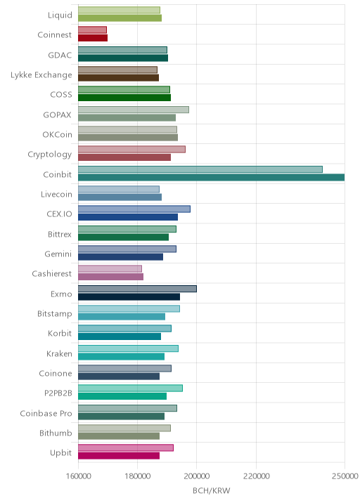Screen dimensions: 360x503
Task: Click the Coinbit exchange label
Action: [x=58, y=174]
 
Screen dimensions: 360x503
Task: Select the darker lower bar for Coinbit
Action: [x=212, y=178]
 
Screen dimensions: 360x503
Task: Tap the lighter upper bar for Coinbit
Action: [x=200, y=169]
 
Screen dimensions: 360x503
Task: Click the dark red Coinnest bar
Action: [x=93, y=38]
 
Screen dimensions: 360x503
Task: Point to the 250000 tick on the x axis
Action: [x=345, y=476]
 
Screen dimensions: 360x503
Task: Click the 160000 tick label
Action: [x=78, y=476]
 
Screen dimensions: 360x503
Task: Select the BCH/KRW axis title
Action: [x=212, y=490]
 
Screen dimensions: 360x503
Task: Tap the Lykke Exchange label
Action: [x=41, y=75]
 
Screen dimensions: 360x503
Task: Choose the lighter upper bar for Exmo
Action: [x=137, y=289]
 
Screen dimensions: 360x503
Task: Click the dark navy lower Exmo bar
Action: [x=129, y=296]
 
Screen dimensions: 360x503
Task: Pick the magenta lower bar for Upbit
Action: [x=119, y=455]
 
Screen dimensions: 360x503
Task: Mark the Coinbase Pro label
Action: [x=46, y=413]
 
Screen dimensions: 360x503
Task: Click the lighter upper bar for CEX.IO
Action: [x=134, y=209]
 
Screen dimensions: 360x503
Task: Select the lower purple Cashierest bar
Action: [x=110, y=277]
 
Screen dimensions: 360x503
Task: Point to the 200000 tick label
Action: [x=197, y=476]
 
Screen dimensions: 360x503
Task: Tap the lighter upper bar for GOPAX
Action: [x=134, y=110]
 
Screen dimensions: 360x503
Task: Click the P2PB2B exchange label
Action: [x=58, y=393]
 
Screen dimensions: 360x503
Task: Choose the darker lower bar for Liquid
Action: [x=120, y=18]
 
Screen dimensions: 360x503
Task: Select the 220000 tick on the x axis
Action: [x=256, y=476]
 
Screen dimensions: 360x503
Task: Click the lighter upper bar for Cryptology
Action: [x=131, y=150]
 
